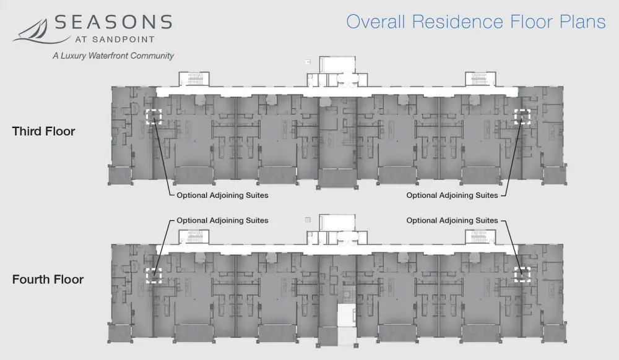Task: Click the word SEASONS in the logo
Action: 113,22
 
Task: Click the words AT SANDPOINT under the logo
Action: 115,40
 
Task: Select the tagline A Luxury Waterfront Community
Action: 113,56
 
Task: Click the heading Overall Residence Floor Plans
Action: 475,22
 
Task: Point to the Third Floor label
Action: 43,131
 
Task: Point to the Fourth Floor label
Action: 48,280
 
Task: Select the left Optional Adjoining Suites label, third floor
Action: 222,195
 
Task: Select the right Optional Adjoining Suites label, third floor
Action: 452,195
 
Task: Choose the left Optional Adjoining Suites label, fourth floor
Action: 222,220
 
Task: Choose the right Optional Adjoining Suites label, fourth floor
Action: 452,220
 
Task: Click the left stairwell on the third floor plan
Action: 194,79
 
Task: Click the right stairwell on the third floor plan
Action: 480,79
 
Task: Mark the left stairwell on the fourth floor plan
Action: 194,238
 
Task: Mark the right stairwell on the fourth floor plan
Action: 480,238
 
